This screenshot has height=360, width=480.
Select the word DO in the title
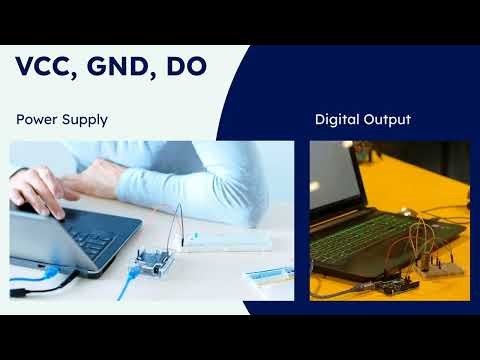(x=188, y=67)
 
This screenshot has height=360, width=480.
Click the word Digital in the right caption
(x=338, y=120)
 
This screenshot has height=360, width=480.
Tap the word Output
(x=388, y=120)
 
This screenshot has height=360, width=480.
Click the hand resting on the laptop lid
(x=40, y=185)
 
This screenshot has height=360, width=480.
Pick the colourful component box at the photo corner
(x=273, y=274)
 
